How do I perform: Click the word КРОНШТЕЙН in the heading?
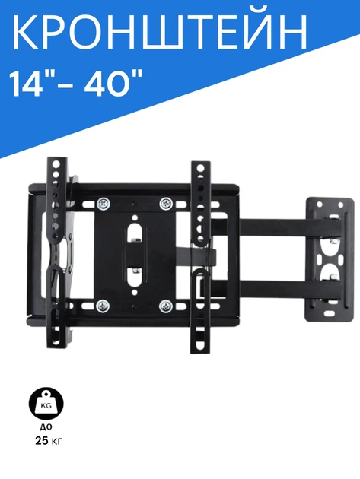159,31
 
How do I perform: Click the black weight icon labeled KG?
46,404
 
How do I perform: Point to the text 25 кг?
49,441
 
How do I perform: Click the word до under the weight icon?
46,427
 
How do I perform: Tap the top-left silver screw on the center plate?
104,204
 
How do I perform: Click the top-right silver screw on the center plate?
167,204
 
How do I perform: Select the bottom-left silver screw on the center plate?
103,306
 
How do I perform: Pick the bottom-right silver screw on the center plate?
166,306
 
